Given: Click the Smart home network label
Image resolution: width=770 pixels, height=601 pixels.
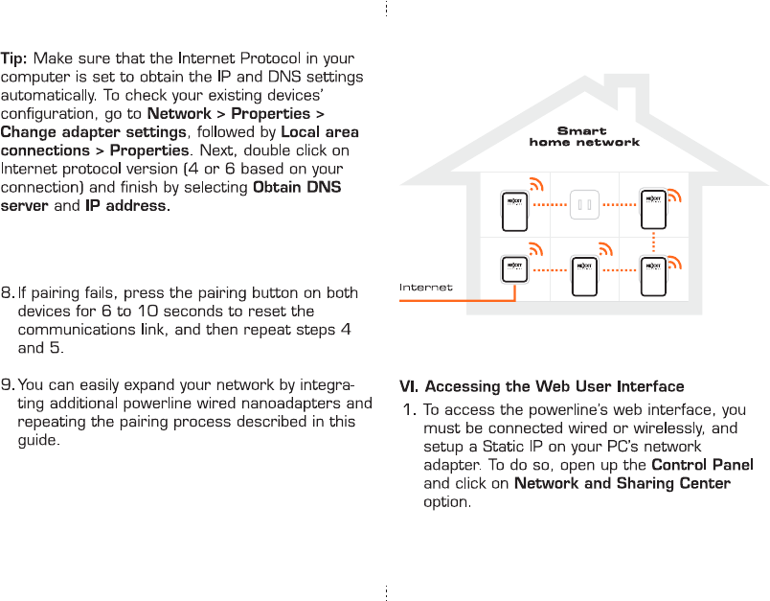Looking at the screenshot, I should click(x=583, y=136).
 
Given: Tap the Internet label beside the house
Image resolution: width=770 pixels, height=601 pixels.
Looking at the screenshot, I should click(x=425, y=287).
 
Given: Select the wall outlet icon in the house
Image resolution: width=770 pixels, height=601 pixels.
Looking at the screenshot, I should click(x=583, y=204).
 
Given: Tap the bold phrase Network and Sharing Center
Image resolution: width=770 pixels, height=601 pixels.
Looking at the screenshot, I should click(x=623, y=483).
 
